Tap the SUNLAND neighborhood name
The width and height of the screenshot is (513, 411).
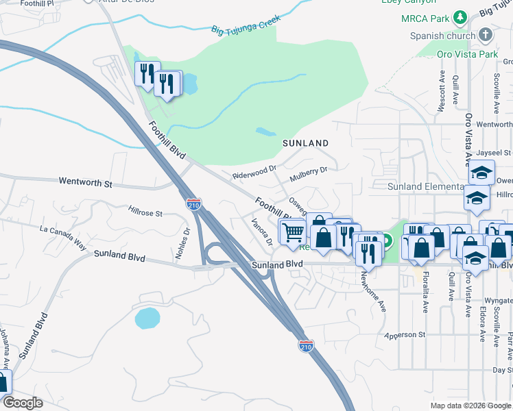point(306,143)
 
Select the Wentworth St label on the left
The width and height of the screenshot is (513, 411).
point(85,184)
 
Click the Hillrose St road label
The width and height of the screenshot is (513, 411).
point(145,212)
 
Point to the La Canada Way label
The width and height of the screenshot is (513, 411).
point(64,234)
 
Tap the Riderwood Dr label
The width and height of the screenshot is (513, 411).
point(254,171)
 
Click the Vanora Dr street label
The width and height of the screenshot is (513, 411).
point(262,232)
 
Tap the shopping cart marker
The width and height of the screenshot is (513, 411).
point(293,232)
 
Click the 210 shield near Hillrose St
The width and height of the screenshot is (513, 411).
point(194,203)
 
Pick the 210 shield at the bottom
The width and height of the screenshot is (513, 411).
point(306,347)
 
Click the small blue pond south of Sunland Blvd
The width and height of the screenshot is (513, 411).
point(147,318)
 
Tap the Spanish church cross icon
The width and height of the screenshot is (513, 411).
point(486,35)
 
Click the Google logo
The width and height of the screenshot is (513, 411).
point(23,403)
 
